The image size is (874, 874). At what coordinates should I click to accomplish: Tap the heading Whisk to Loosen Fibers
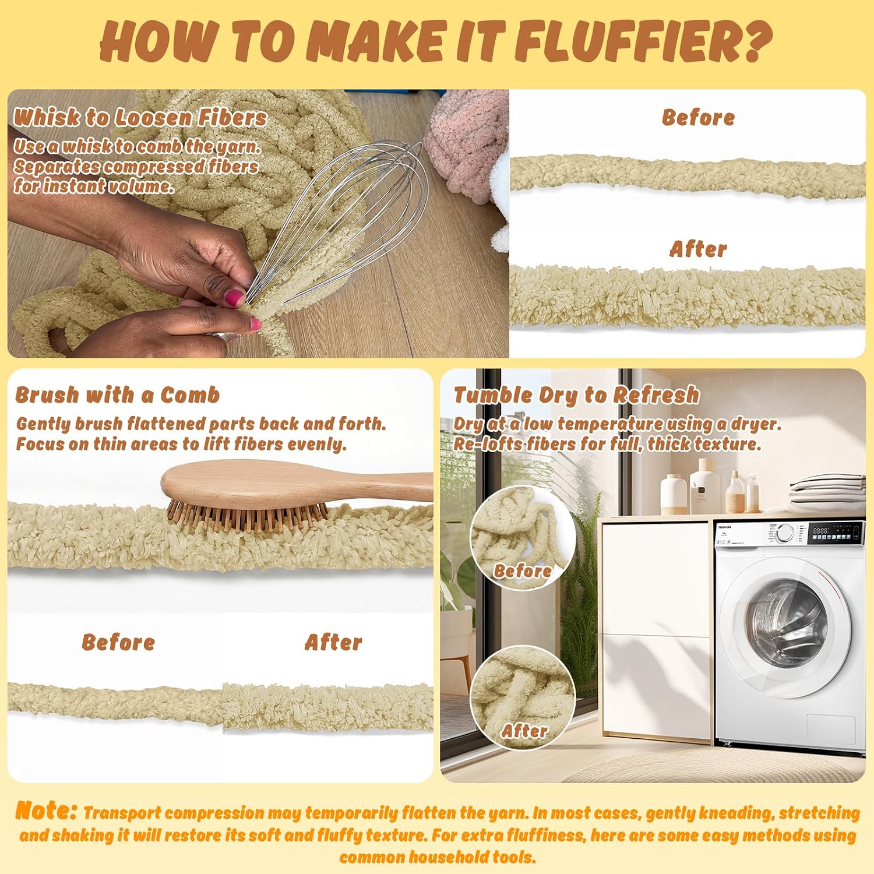coord(140,117)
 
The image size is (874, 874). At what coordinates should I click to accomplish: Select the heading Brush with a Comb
coord(118,395)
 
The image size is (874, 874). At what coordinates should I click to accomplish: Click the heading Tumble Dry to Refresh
coord(577,395)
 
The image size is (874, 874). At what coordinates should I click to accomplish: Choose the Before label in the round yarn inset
coord(523,571)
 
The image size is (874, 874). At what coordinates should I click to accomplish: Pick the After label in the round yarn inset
coord(524,731)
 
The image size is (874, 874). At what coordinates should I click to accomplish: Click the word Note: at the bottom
coord(46,810)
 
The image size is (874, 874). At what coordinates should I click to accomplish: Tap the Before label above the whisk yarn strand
coord(698,117)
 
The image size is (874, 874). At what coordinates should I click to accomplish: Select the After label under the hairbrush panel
coord(333,642)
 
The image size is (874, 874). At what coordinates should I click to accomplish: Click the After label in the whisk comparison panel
coord(698,249)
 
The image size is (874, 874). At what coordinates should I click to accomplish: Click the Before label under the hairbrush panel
coord(118,642)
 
